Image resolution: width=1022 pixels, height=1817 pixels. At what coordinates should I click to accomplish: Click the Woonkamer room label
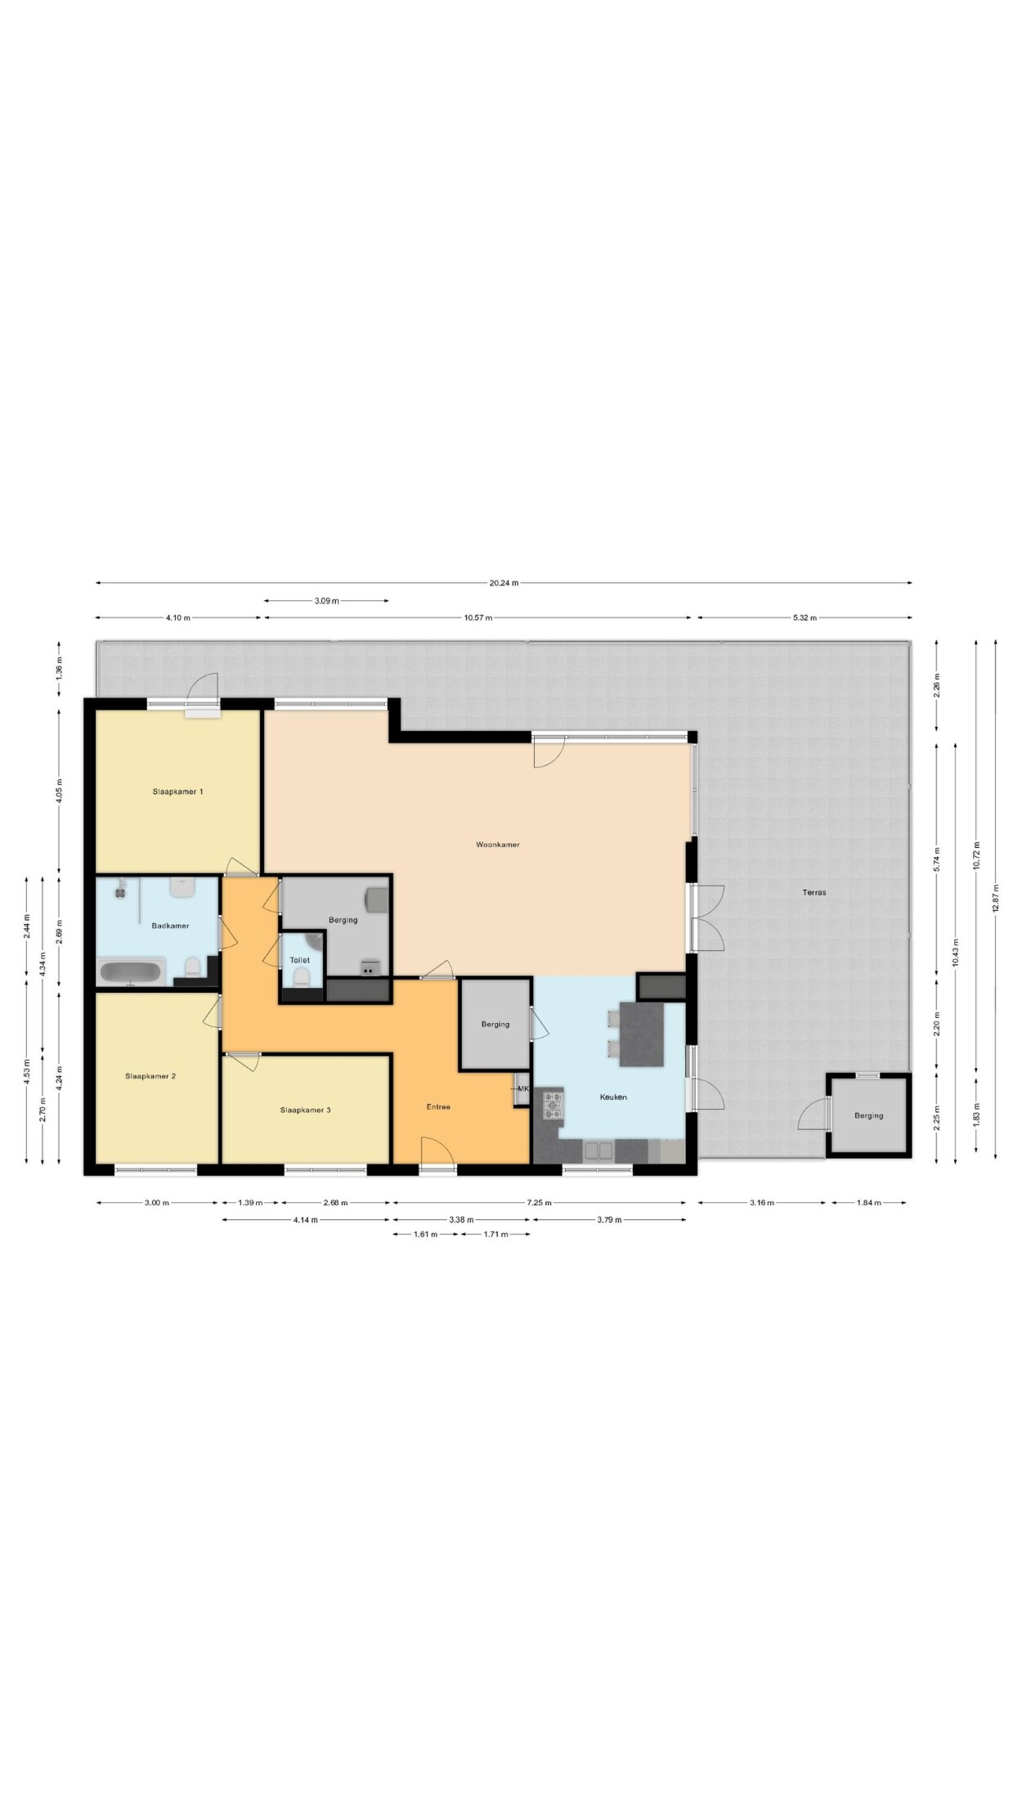[498, 845]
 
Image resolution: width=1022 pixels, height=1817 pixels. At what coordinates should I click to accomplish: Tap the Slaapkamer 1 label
[177, 792]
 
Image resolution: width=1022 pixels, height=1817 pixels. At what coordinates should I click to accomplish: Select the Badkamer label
[170, 926]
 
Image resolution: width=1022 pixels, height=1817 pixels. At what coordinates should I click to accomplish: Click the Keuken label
[613, 1097]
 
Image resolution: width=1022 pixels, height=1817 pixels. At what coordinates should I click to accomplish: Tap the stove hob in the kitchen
[554, 1106]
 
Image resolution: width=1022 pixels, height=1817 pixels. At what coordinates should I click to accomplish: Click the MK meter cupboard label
[523, 1088]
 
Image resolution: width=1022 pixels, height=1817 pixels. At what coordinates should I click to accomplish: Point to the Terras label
[814, 892]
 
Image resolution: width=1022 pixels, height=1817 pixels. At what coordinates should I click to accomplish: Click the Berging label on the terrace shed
[868, 1115]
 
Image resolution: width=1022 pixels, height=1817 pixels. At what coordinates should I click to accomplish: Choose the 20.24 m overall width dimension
[504, 583]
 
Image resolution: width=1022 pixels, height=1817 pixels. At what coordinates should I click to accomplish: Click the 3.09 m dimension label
[326, 601]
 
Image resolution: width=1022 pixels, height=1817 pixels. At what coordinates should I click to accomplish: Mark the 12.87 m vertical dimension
[995, 899]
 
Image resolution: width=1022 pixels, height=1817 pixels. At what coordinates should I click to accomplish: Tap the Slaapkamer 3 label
[305, 1110]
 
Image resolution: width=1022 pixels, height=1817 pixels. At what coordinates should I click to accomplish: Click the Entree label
[438, 1107]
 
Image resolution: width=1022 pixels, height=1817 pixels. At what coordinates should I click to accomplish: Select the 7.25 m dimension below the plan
[540, 1203]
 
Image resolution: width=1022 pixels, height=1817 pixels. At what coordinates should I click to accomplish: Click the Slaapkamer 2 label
[150, 1076]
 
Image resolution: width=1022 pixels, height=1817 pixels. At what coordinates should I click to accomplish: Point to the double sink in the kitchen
[598, 1151]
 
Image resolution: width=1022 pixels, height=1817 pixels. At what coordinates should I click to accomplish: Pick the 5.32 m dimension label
[805, 618]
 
